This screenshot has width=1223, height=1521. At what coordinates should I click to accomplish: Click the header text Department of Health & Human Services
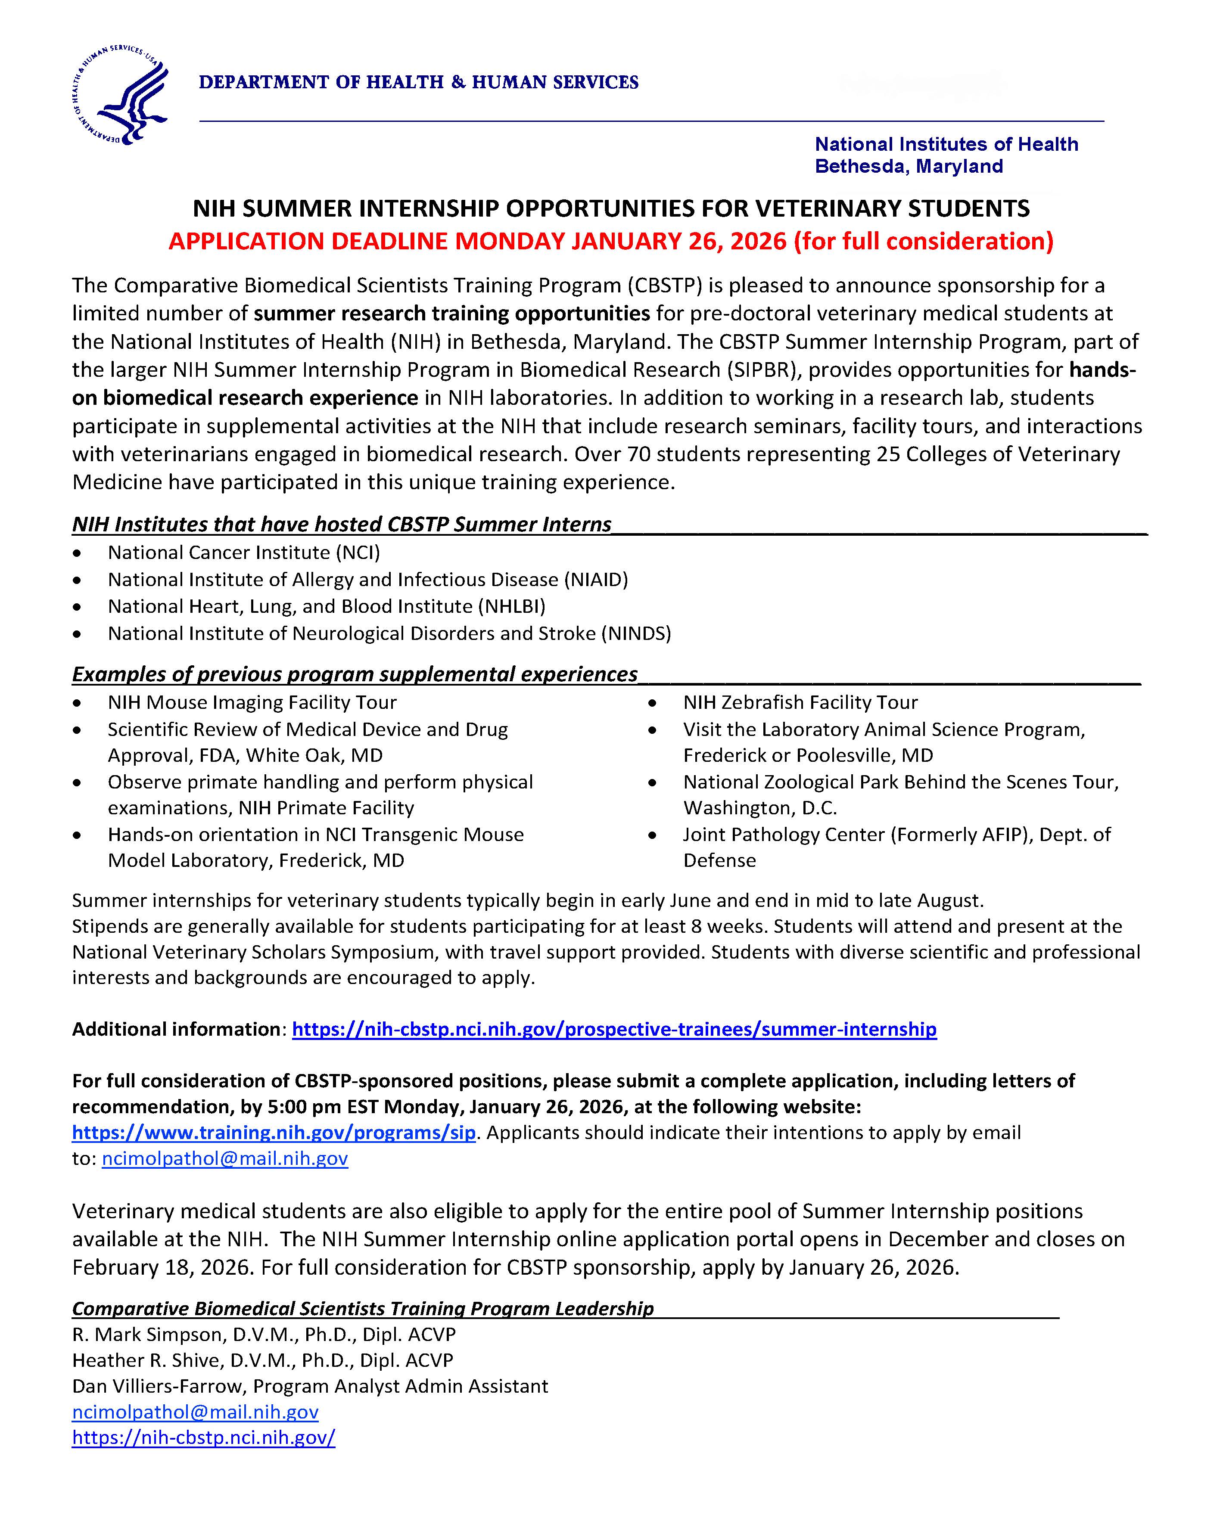pyautogui.click(x=418, y=83)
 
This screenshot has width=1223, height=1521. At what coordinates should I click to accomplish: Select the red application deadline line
pyautogui.click(x=610, y=241)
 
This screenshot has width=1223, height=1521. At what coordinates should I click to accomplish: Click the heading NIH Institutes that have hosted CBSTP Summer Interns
pyautogui.click(x=342, y=524)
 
